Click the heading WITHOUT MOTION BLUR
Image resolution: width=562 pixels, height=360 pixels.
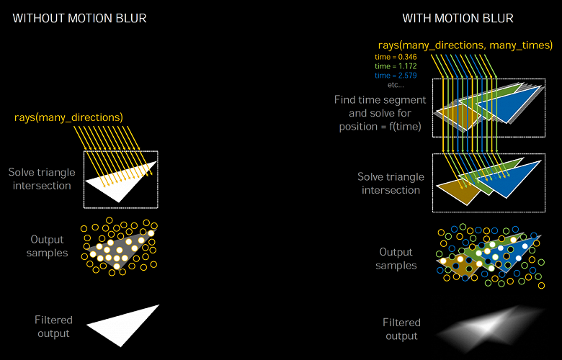tap(79, 17)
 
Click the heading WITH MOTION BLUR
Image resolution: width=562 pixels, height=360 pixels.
tap(458, 17)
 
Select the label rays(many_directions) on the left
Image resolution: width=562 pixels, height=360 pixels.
tap(68, 117)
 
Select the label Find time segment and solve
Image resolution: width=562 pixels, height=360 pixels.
tap(380, 113)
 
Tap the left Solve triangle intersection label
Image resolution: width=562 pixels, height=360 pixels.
tap(40, 179)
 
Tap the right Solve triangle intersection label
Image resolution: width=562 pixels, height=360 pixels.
tap(389, 184)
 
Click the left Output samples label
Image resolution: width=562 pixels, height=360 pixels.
tap(48, 246)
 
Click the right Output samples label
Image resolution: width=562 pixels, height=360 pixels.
tap(397, 258)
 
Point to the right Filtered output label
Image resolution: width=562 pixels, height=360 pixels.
tap(401, 329)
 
